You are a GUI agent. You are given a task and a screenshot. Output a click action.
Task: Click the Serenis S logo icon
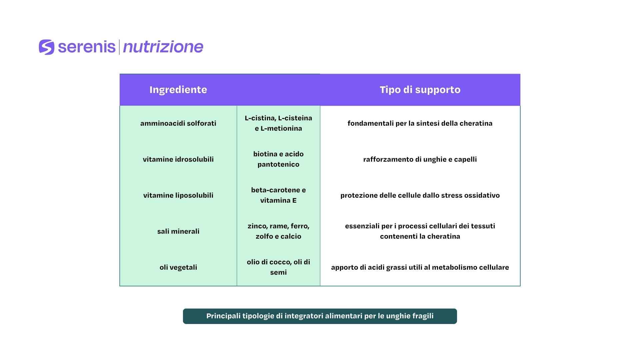point(46,47)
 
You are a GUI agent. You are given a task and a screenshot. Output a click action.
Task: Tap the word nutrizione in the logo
point(163,47)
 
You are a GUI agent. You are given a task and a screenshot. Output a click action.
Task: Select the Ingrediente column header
point(178,90)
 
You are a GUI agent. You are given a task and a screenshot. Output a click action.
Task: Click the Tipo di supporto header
point(420,90)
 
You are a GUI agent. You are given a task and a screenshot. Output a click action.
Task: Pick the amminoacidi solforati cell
point(178,123)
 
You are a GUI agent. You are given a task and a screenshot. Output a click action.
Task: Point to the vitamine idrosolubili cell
point(178,159)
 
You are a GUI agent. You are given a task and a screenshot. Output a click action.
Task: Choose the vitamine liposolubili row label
point(178,195)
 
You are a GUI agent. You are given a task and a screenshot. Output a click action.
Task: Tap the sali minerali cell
point(178,231)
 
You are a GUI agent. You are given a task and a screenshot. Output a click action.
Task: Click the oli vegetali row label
point(178,267)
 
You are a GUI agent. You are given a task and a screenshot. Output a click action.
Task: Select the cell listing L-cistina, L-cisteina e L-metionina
point(278,123)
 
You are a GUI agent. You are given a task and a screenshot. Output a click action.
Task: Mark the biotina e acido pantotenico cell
point(278,159)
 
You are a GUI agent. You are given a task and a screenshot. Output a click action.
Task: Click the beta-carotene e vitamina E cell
point(278,195)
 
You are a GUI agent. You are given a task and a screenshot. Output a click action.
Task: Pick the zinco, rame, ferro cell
point(278,231)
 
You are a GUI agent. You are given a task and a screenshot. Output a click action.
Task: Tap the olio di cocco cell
point(278,267)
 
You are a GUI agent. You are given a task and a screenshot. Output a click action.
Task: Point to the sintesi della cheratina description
point(420,123)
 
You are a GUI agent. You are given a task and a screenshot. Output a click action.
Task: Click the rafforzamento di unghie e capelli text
point(420,159)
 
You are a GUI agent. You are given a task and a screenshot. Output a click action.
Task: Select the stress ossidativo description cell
point(420,195)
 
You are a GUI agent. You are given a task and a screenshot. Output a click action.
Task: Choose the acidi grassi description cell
point(420,267)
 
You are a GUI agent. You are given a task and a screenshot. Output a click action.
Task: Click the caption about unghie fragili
point(320,316)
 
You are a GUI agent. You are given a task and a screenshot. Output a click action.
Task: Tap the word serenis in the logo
point(87,47)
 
